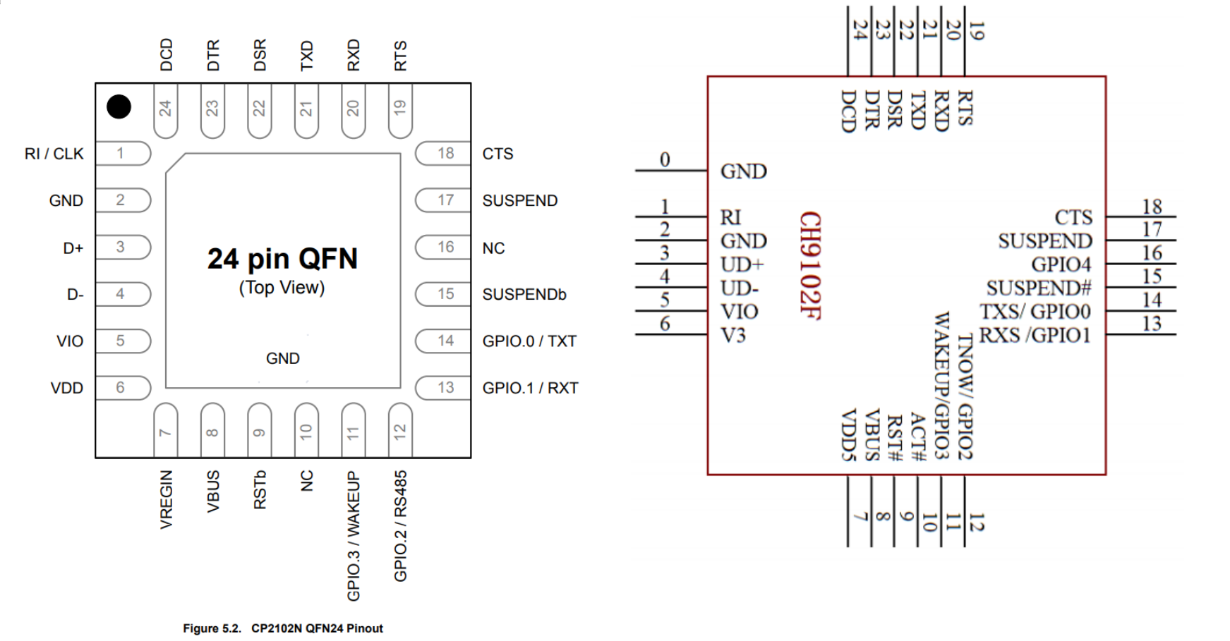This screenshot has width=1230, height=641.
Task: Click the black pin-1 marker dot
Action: (119, 107)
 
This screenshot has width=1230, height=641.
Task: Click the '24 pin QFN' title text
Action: (282, 259)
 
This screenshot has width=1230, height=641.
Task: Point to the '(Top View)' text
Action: (282, 288)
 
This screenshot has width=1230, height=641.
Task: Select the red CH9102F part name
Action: (810, 265)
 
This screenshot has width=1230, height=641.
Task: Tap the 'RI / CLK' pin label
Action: (54, 154)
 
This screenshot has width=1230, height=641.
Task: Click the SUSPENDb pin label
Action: (524, 294)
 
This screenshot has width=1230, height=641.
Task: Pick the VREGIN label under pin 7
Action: (166, 499)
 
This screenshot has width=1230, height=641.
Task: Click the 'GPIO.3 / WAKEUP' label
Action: (354, 536)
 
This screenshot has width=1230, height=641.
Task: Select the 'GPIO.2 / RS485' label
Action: (400, 526)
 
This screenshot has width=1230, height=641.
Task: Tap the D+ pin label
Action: (73, 248)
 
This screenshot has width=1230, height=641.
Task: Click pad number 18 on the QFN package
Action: (445, 153)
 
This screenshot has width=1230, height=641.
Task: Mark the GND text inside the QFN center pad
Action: (283, 358)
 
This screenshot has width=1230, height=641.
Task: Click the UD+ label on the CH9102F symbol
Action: (742, 264)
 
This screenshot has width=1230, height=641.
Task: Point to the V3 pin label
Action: (732, 335)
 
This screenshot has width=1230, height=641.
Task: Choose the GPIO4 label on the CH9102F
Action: (1061, 264)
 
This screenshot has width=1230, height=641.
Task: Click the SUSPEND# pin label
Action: (1039, 288)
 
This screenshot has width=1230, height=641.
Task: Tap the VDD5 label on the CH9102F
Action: (849, 435)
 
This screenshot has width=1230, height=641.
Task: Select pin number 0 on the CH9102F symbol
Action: (665, 159)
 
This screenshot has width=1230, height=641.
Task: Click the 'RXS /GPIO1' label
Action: (1035, 335)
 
